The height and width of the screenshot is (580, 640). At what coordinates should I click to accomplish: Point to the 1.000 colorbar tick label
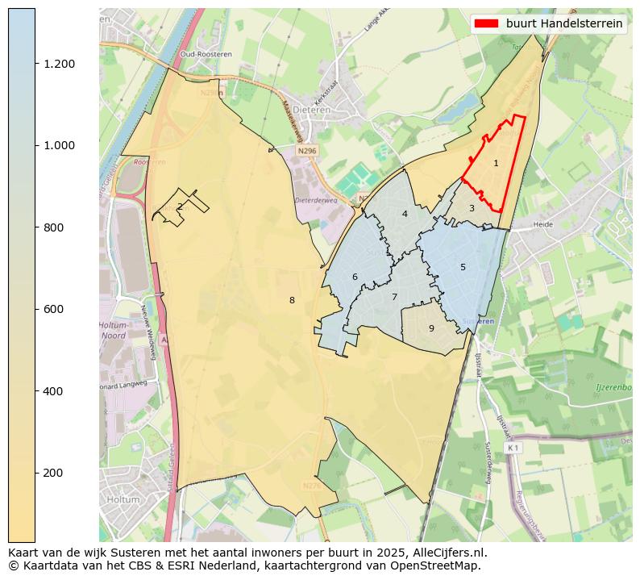(58, 145)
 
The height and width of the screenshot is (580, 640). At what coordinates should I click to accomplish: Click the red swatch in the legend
(487, 23)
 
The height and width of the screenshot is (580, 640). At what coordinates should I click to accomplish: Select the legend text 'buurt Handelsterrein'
(564, 23)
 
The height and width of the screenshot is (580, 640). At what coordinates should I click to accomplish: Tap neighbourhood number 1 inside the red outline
(496, 163)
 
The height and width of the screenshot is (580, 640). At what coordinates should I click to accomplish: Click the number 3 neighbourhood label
(472, 209)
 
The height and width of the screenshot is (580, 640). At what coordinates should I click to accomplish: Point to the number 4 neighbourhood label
(405, 214)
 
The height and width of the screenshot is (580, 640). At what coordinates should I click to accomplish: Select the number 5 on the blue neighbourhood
(463, 267)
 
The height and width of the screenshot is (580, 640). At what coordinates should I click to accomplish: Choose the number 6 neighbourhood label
(355, 277)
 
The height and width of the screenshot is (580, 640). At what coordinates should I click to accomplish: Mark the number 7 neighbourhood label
(394, 297)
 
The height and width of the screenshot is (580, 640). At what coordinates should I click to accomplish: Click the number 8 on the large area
(292, 300)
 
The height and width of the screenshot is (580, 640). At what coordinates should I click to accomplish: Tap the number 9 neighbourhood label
(431, 328)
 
